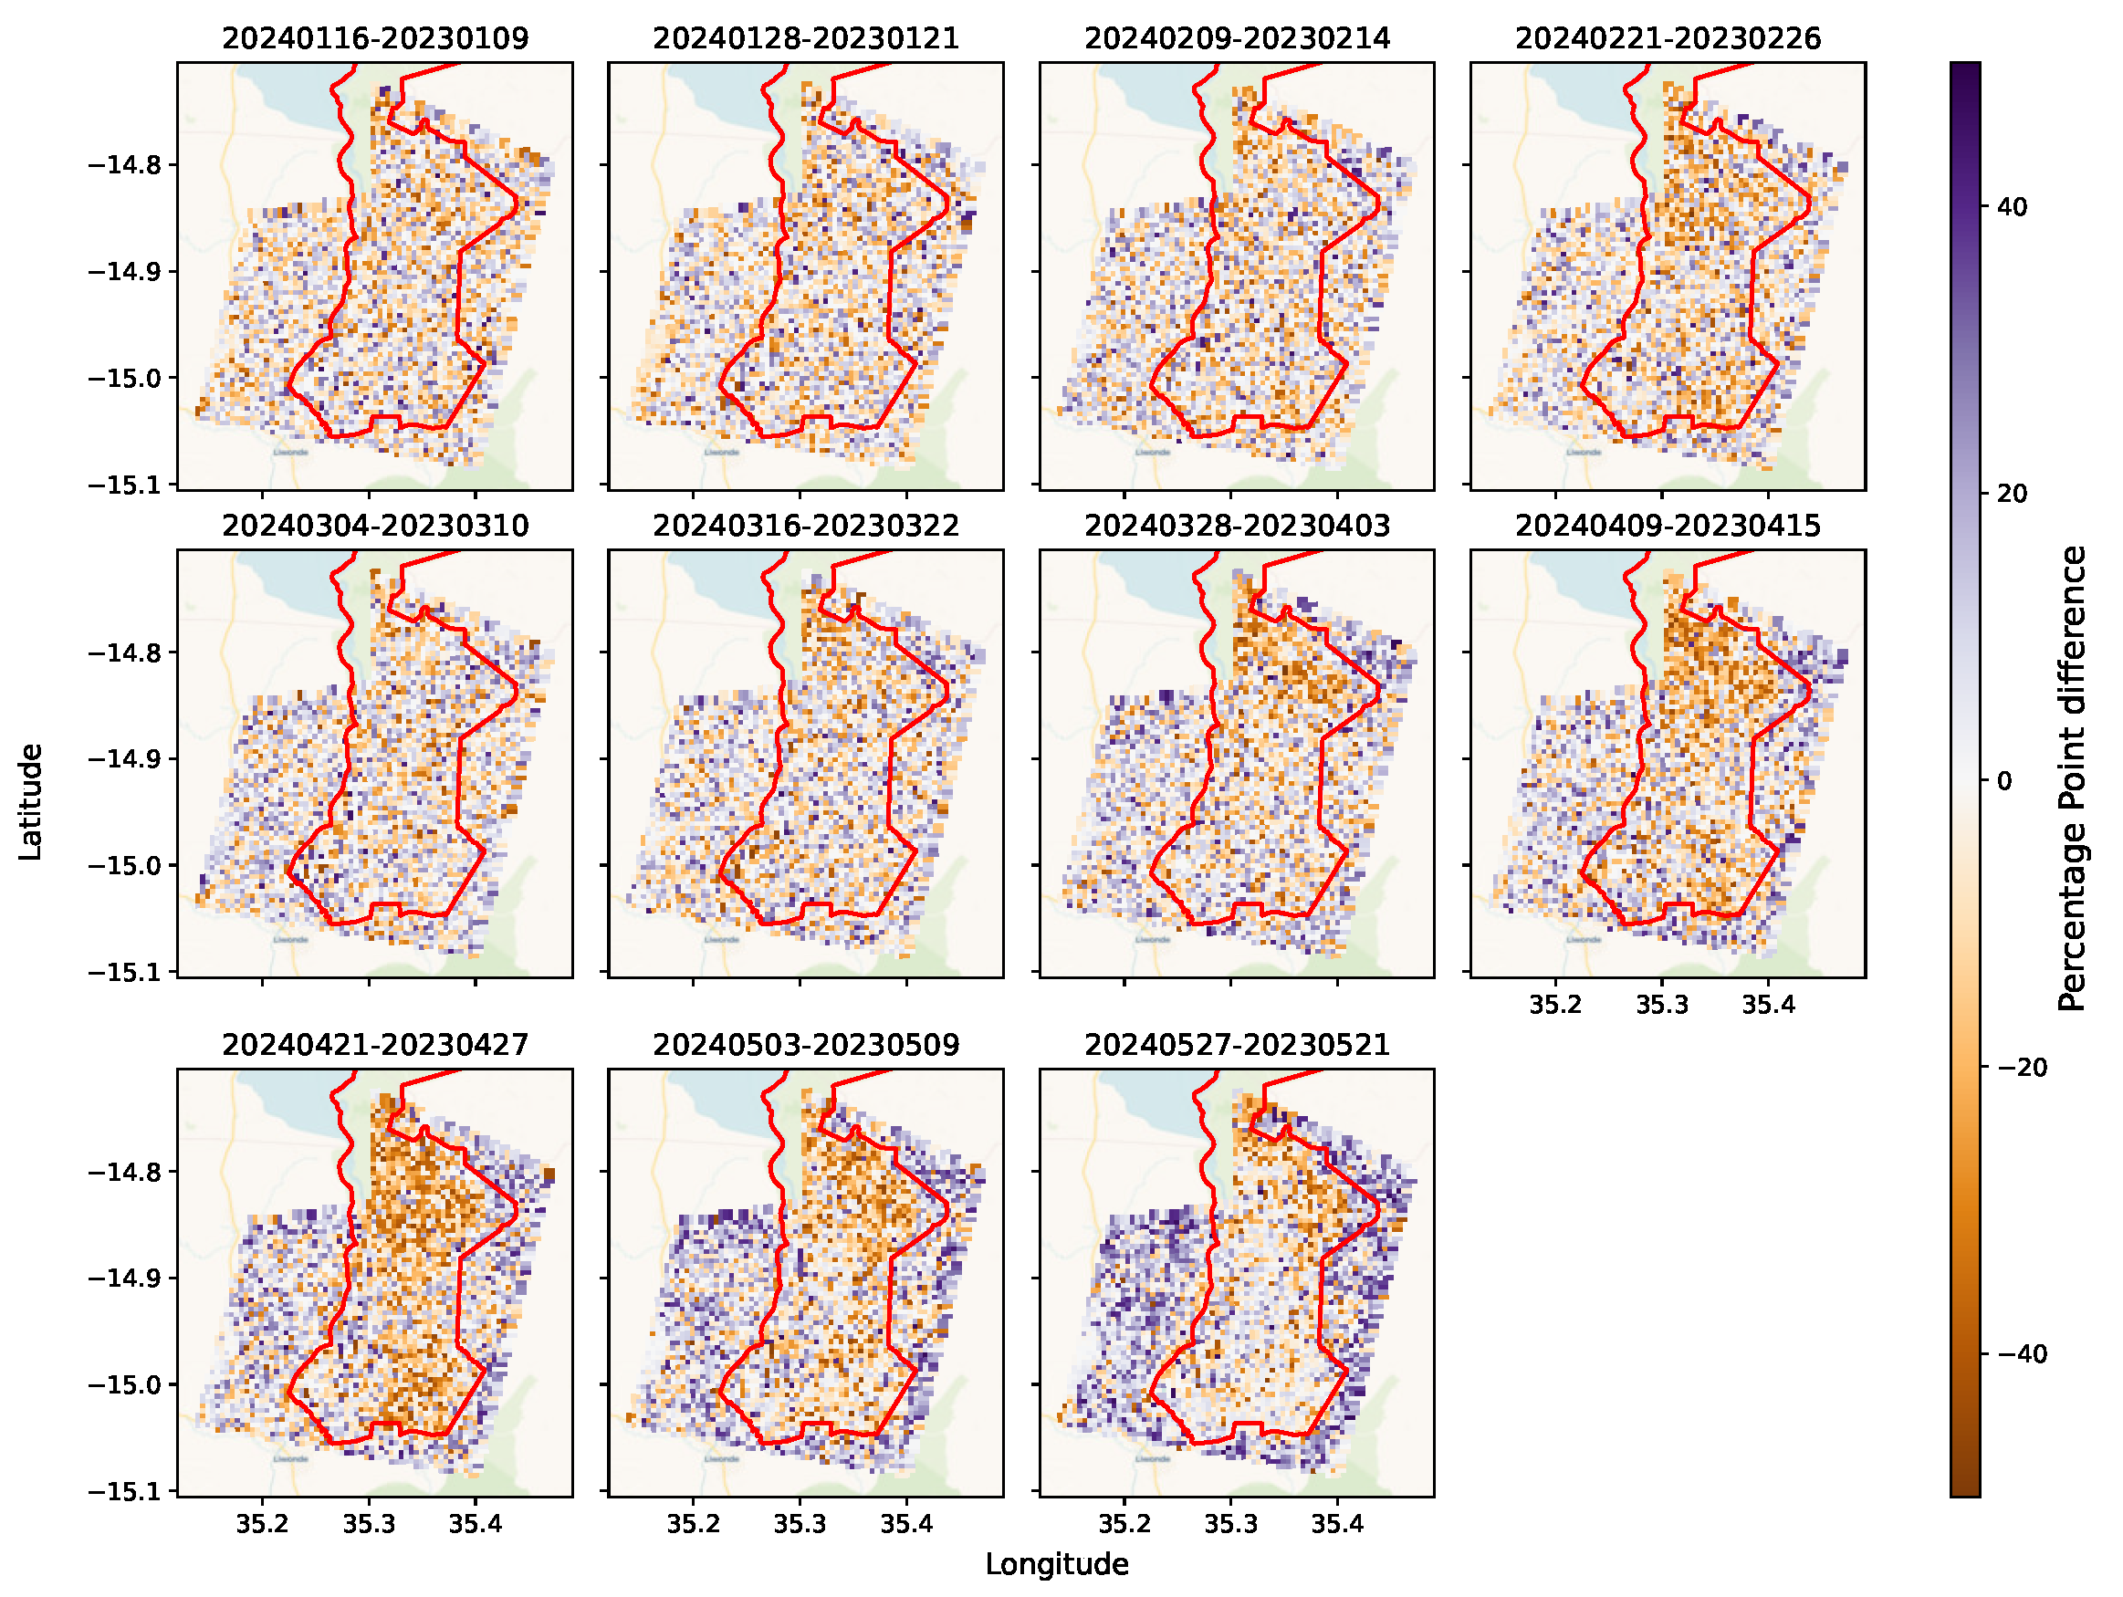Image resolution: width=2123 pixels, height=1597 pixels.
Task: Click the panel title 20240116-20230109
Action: tap(375, 38)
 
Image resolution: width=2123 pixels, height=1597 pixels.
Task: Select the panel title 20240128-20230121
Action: tap(806, 38)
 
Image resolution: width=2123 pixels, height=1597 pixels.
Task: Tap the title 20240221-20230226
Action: tap(1668, 38)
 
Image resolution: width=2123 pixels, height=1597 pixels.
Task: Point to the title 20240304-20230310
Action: tap(375, 526)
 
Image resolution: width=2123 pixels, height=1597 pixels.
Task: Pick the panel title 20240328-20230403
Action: tap(1237, 526)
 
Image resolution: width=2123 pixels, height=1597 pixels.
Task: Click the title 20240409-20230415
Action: tap(1668, 526)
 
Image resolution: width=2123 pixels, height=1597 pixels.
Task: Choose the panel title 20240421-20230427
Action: tap(375, 1044)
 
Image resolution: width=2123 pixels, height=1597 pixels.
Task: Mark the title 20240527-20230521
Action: tap(1237, 1044)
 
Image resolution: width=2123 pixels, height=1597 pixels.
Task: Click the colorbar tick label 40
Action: tap(2013, 207)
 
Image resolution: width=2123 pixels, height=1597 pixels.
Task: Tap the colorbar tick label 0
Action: tap(2004, 781)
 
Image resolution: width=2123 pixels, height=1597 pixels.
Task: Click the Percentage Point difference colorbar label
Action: tap(2073, 779)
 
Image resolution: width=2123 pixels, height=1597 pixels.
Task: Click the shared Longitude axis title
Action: tap(1057, 1564)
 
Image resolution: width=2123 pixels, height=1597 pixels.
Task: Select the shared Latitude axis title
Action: tap(31, 802)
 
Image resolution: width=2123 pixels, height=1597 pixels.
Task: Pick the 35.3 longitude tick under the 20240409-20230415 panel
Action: tap(1662, 1005)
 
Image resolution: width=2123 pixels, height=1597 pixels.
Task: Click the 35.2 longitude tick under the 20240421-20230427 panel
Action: tap(262, 1524)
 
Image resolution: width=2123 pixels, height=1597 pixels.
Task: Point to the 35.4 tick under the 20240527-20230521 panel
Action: tap(1337, 1524)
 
